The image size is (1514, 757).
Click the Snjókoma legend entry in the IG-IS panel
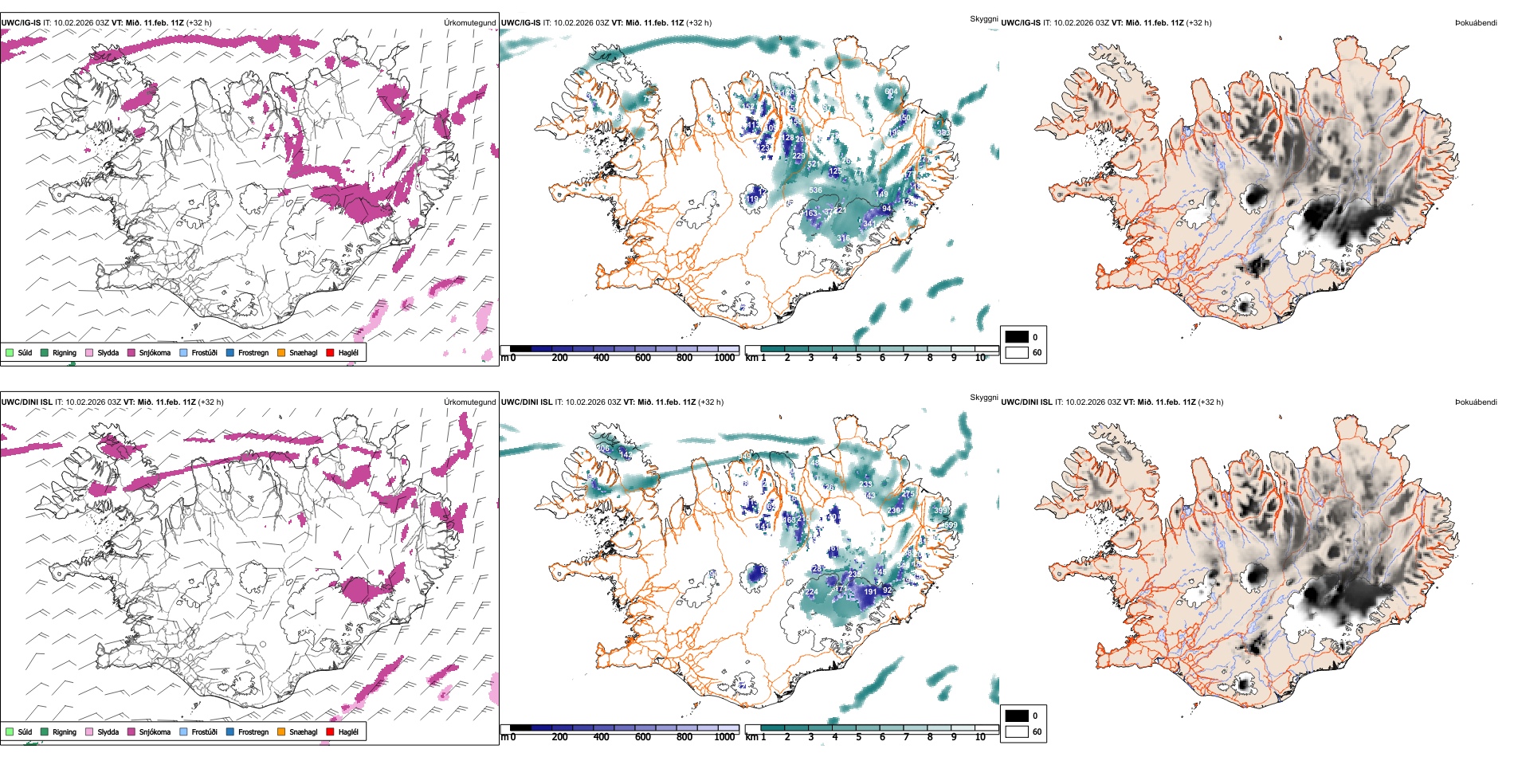[x=155, y=352]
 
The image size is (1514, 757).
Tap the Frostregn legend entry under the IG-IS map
[x=253, y=352]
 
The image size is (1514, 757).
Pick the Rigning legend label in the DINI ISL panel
[x=65, y=732]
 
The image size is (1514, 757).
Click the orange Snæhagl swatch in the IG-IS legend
[x=281, y=352]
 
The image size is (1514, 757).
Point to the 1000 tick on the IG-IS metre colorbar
[x=724, y=358]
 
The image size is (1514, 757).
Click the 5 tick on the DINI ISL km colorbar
[x=858, y=737]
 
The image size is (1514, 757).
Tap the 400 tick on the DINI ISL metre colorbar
[x=601, y=737]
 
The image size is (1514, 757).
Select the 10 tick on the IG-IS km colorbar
[x=980, y=358]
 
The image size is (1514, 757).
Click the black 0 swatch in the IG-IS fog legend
[x=1017, y=337]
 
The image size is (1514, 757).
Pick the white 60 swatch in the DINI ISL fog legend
[x=1017, y=732]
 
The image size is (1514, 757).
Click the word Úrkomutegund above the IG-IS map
[x=470, y=23]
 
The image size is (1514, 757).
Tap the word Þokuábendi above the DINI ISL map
[x=1476, y=402]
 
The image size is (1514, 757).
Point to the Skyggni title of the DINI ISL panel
[x=983, y=398]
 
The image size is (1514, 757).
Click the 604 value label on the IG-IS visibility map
[x=891, y=92]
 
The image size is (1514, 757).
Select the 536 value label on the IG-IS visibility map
[x=815, y=190]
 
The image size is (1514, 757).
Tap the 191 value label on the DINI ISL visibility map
[x=870, y=592]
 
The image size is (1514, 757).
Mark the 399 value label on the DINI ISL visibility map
[x=940, y=511]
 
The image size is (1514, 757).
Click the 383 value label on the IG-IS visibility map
[x=943, y=133]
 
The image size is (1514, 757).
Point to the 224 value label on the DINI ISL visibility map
[x=812, y=592]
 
